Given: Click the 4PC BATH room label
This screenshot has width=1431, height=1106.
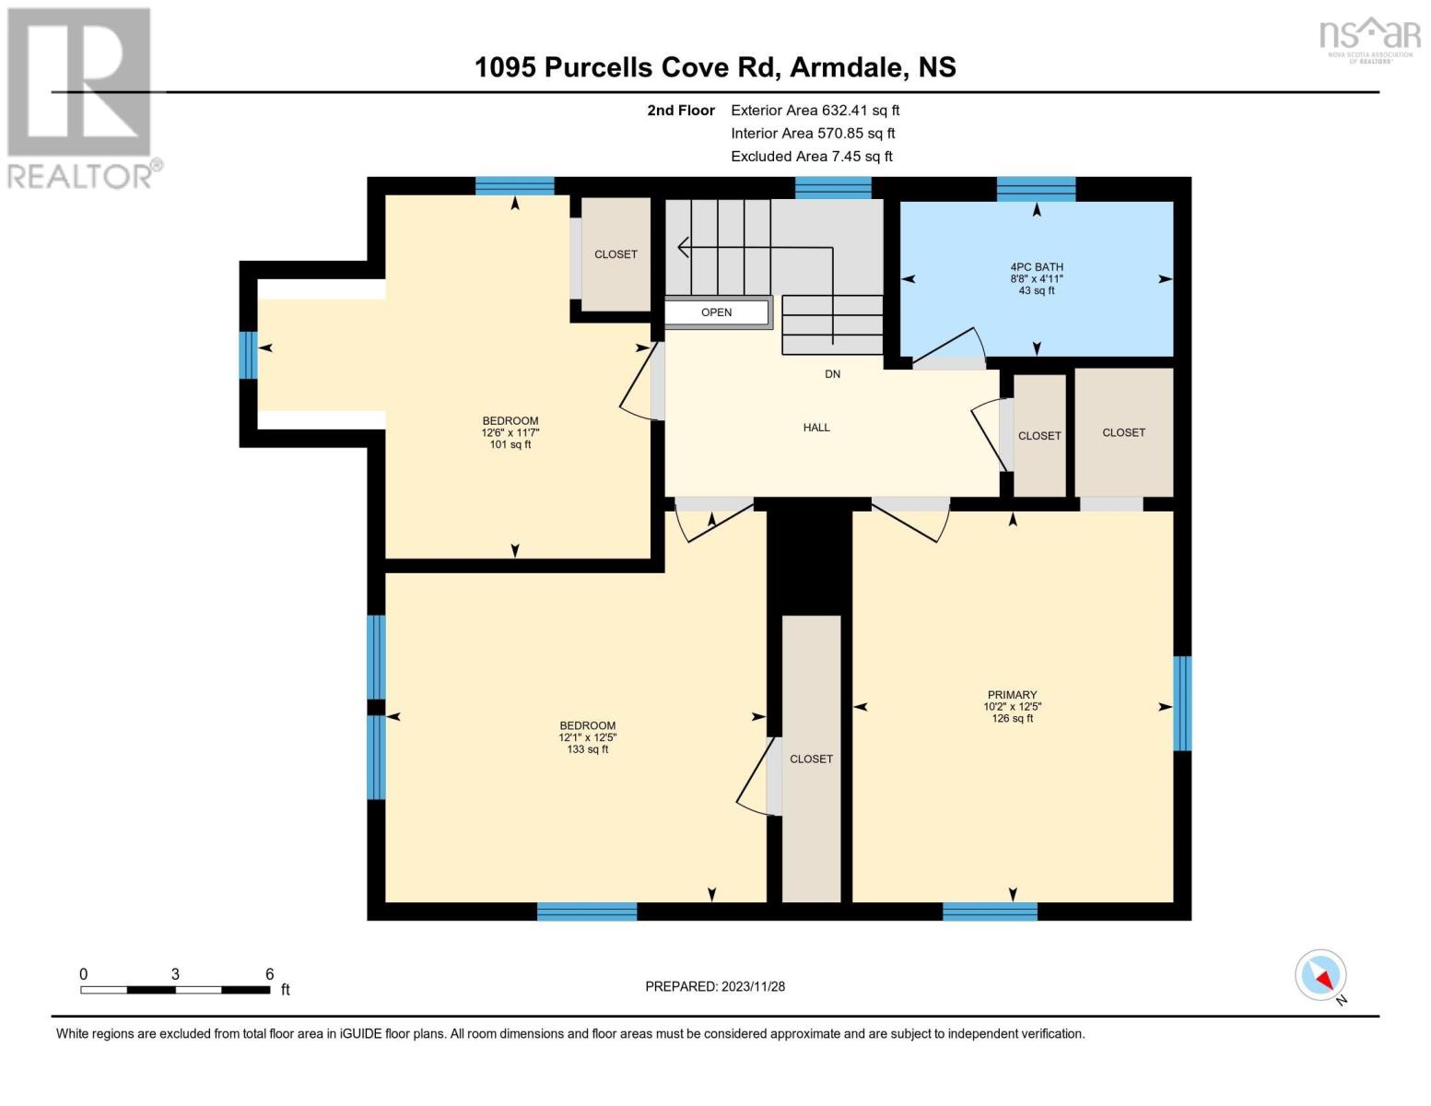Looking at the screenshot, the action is point(1037,266).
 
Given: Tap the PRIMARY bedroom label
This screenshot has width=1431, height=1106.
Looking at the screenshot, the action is point(1012,695).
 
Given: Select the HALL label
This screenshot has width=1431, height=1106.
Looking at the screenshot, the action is point(815,428).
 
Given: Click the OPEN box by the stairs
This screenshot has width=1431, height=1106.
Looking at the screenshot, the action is point(717,312).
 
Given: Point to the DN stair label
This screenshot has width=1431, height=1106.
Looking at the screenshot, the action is point(832,374).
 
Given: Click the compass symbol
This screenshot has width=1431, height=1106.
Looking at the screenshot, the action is point(1320,975).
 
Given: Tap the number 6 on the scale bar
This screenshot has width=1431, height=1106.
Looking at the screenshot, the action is point(269,973).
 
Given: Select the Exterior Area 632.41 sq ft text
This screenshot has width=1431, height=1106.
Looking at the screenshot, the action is point(815,111).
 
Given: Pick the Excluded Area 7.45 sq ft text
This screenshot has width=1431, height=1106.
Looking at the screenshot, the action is point(811,157).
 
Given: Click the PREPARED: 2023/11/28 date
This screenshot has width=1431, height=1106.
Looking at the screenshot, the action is point(714,987).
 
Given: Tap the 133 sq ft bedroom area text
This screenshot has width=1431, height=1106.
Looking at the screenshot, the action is point(587,749).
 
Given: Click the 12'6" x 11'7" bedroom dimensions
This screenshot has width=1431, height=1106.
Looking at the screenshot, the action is point(510,433).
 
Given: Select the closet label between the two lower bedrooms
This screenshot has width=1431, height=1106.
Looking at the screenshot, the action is point(811,759).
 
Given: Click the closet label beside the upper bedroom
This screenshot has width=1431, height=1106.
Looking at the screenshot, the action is point(616,254).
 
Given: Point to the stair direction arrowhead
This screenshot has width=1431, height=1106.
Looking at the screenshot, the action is point(683,248).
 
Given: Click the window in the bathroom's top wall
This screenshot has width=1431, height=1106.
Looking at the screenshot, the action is point(1036,189).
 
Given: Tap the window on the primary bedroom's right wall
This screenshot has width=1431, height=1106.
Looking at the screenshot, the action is point(1182,703).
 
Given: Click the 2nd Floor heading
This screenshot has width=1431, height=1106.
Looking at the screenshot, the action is point(680,111).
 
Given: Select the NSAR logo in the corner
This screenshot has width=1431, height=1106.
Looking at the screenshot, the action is point(1370,40).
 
